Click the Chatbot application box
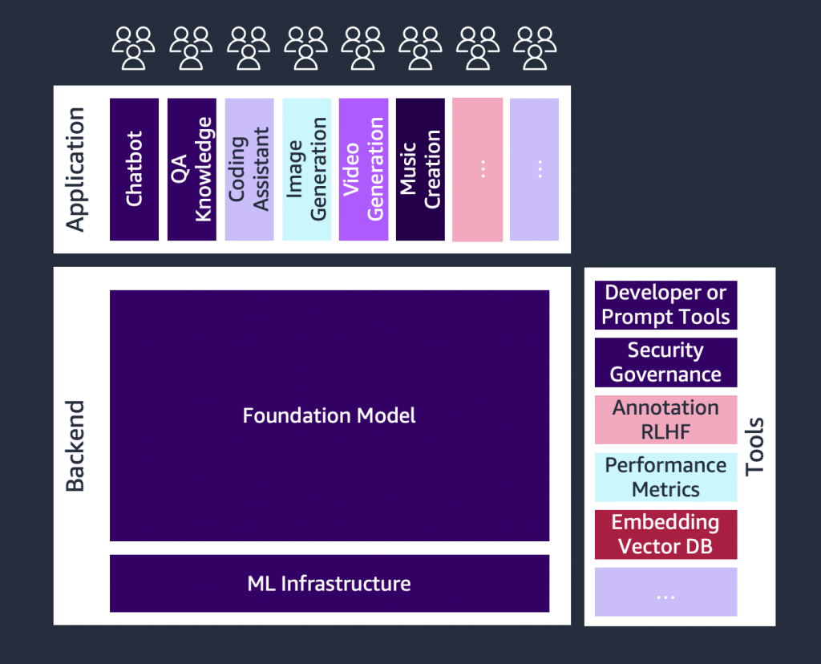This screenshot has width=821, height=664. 134,169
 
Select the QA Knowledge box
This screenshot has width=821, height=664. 192,169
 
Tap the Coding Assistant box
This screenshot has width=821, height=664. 249,169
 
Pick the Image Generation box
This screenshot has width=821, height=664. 306,169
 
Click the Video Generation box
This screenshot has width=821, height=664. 363,169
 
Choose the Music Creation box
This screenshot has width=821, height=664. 420,169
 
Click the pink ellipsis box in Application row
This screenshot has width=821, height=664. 478,169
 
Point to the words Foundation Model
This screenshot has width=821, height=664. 329,415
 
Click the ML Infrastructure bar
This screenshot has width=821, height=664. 329,583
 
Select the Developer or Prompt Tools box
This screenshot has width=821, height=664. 665,305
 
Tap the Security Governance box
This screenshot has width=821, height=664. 665,362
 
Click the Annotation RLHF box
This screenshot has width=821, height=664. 665,419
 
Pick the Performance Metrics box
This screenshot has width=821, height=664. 665,477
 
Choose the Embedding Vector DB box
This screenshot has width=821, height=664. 665,534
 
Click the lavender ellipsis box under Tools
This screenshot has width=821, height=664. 665,592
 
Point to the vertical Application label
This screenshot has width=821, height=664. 75,169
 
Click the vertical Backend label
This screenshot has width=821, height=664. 75,444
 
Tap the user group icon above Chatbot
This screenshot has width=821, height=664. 133,47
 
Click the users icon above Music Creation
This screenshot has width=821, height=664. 420,47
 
